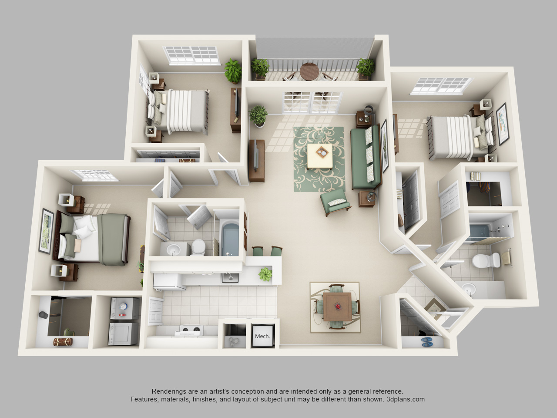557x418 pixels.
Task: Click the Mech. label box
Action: coord(263,336)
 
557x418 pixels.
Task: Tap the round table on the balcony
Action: coord(309,71)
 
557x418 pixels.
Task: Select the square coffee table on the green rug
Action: coord(320,156)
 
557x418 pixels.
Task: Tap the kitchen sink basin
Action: coord(230,278)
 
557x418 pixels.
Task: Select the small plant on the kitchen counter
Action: coord(265,274)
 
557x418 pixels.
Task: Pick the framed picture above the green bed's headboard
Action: coord(47,231)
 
